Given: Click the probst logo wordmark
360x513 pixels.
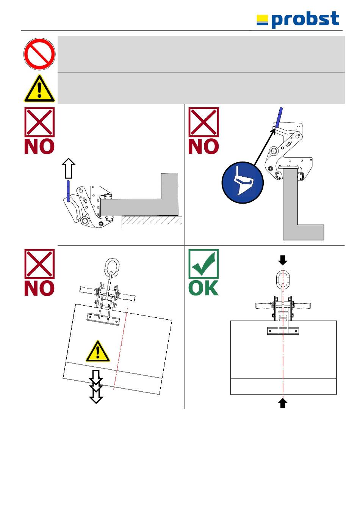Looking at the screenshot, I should [x=305, y=20].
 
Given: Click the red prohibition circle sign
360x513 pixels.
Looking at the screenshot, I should [x=39, y=53].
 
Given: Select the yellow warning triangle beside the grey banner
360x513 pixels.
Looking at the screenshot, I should [x=39, y=89].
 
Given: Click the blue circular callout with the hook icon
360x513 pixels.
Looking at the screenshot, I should [x=243, y=182].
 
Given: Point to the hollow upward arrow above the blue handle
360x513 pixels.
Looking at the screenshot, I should [x=68, y=168].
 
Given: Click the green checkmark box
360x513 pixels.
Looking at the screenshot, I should [x=203, y=264].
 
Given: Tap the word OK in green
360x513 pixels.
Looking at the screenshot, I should [x=203, y=288].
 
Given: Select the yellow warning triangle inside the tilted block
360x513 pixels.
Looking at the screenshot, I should [x=98, y=351].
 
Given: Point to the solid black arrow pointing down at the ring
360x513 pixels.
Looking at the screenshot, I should [x=283, y=260].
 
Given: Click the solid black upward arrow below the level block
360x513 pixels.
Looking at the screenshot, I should [x=283, y=403].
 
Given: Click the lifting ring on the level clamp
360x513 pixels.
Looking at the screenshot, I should [x=283, y=280].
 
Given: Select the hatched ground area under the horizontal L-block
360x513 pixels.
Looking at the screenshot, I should [x=152, y=221].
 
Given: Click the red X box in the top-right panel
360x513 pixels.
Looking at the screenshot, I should [x=203, y=122].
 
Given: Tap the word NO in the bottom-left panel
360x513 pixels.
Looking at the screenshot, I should [x=39, y=288].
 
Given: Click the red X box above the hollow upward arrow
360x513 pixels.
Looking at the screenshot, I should [x=39, y=122].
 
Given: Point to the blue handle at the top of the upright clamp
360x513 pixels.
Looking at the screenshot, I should [x=279, y=117].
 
